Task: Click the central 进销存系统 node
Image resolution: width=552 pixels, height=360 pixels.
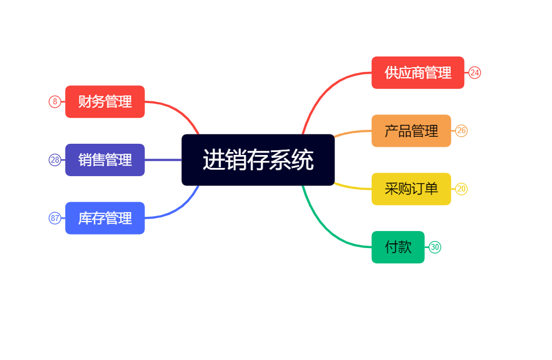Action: pyautogui.click(x=258, y=160)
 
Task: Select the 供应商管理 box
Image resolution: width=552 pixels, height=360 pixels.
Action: pyautogui.click(x=418, y=72)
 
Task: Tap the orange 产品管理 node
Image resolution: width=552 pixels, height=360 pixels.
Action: pyautogui.click(x=411, y=131)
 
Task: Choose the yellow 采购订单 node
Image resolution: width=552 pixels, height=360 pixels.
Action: pyautogui.click(x=411, y=189)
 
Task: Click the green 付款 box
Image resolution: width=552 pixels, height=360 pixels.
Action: pyautogui.click(x=398, y=247)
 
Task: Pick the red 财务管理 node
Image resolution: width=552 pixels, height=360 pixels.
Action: pyautogui.click(x=105, y=101)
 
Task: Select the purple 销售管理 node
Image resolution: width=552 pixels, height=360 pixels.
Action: pyautogui.click(x=105, y=160)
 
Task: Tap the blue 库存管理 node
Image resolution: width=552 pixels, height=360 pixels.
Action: pyautogui.click(x=105, y=218)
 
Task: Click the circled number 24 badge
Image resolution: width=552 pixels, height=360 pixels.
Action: pyautogui.click(x=475, y=72)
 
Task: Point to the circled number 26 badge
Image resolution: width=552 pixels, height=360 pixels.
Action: pyautogui.click(x=461, y=131)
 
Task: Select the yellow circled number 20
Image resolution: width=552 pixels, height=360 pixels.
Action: pyautogui.click(x=461, y=189)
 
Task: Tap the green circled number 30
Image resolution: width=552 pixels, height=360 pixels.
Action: pyautogui.click(x=435, y=247)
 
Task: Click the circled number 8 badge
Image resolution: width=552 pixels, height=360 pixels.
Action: pyautogui.click(x=55, y=101)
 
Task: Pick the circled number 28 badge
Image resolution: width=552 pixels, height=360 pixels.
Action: pyautogui.click(x=55, y=160)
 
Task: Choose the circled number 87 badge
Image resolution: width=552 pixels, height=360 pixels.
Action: pyautogui.click(x=55, y=218)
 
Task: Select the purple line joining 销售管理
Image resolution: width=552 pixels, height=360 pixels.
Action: pyautogui.click(x=163, y=160)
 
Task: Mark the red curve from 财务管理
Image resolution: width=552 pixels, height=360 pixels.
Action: pyautogui.click(x=177, y=109)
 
